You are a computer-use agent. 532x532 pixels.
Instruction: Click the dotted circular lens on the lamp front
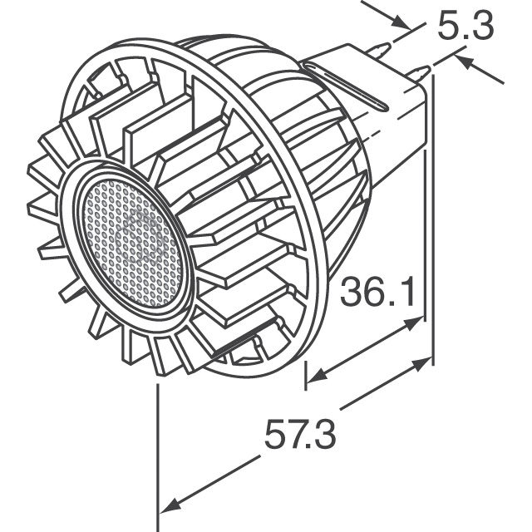(x=133, y=242)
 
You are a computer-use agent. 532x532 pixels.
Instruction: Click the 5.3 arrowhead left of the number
(x=405, y=23)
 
